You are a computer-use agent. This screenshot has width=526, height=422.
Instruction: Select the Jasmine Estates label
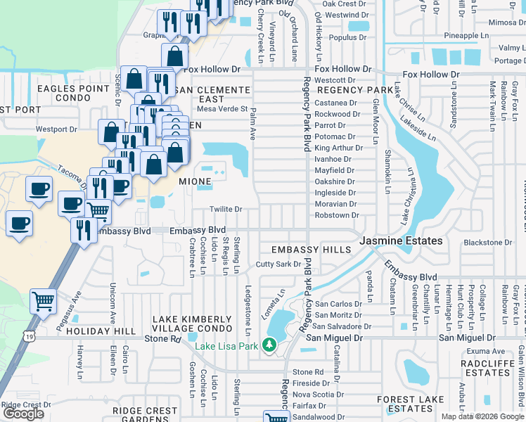[x=401, y=241]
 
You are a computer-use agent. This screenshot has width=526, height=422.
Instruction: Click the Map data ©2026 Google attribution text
[x=482, y=416]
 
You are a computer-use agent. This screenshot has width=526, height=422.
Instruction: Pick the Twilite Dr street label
[x=226, y=210]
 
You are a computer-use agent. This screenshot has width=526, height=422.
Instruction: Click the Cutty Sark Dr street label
[x=278, y=264]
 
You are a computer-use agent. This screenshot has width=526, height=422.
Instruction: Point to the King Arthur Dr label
[x=338, y=148]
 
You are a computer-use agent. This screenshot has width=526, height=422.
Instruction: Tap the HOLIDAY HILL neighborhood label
[x=104, y=331]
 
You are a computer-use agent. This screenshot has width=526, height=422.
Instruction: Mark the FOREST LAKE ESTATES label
[x=411, y=404]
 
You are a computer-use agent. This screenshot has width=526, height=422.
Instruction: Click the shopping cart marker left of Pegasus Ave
[x=44, y=301]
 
